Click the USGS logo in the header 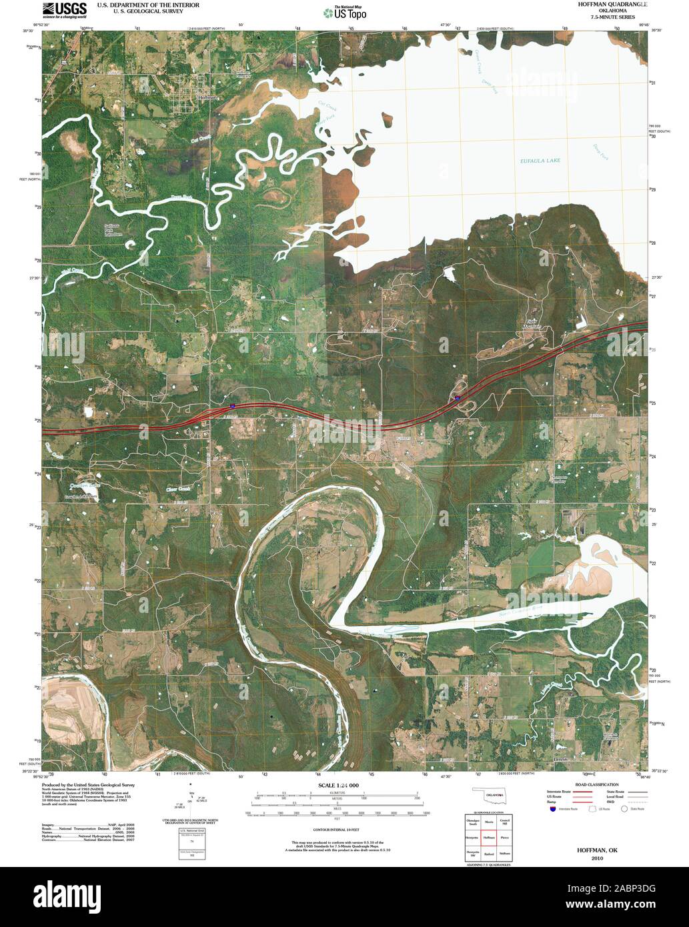pyautogui.click(x=64, y=9)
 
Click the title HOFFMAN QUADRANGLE pyautogui.click(x=607, y=4)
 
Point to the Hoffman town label pyautogui.click(x=207, y=97)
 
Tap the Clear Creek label pyautogui.click(x=178, y=490)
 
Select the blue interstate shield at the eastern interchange pyautogui.click(x=458, y=398)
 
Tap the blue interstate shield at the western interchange pyautogui.click(x=231, y=405)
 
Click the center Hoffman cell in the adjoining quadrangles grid pyautogui.click(x=489, y=836)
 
